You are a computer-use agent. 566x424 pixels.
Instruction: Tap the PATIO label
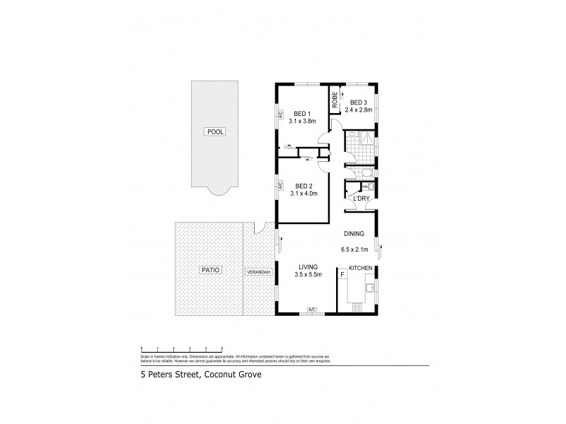pos(211,269)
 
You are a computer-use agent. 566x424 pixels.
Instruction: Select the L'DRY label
pos(361,199)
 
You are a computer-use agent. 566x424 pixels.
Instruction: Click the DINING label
pos(354,233)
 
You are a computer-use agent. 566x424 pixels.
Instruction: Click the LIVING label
pos(308,266)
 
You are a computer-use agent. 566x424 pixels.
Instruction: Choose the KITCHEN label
pos(361,268)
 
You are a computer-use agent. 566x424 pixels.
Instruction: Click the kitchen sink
pos(369,287)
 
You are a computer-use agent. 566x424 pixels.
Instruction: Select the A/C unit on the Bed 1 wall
pos(279,114)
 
